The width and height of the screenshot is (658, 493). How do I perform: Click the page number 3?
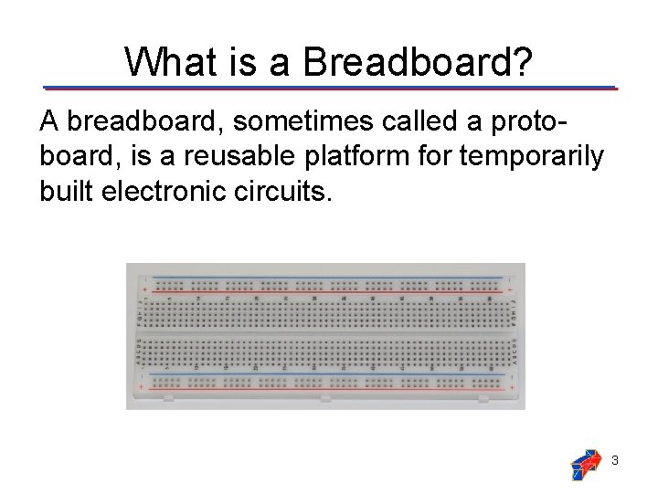click(615, 461)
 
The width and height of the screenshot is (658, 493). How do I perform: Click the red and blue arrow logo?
click(585, 465)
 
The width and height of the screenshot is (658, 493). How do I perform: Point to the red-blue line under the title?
click(329, 89)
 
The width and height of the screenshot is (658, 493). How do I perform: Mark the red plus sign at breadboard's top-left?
click(144, 288)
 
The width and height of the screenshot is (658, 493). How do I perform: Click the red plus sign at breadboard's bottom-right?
click(509, 386)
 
